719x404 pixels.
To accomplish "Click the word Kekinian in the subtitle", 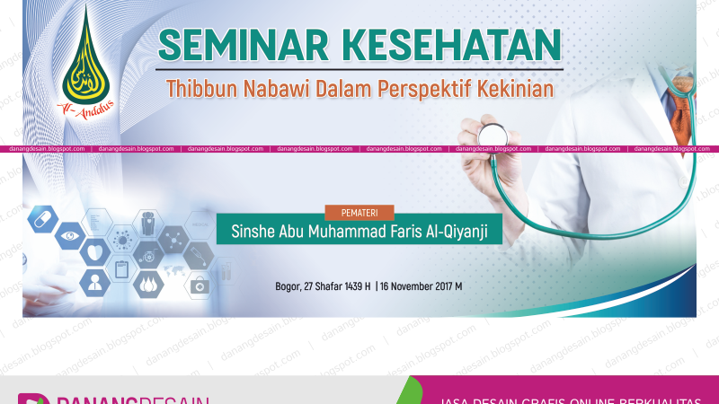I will [519, 88].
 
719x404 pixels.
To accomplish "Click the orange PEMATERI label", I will [359, 213].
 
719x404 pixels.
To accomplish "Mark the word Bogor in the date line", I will [290, 286].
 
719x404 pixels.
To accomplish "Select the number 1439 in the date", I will [347, 286].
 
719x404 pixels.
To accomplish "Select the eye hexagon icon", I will [67, 238].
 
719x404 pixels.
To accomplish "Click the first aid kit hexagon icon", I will [200, 285].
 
